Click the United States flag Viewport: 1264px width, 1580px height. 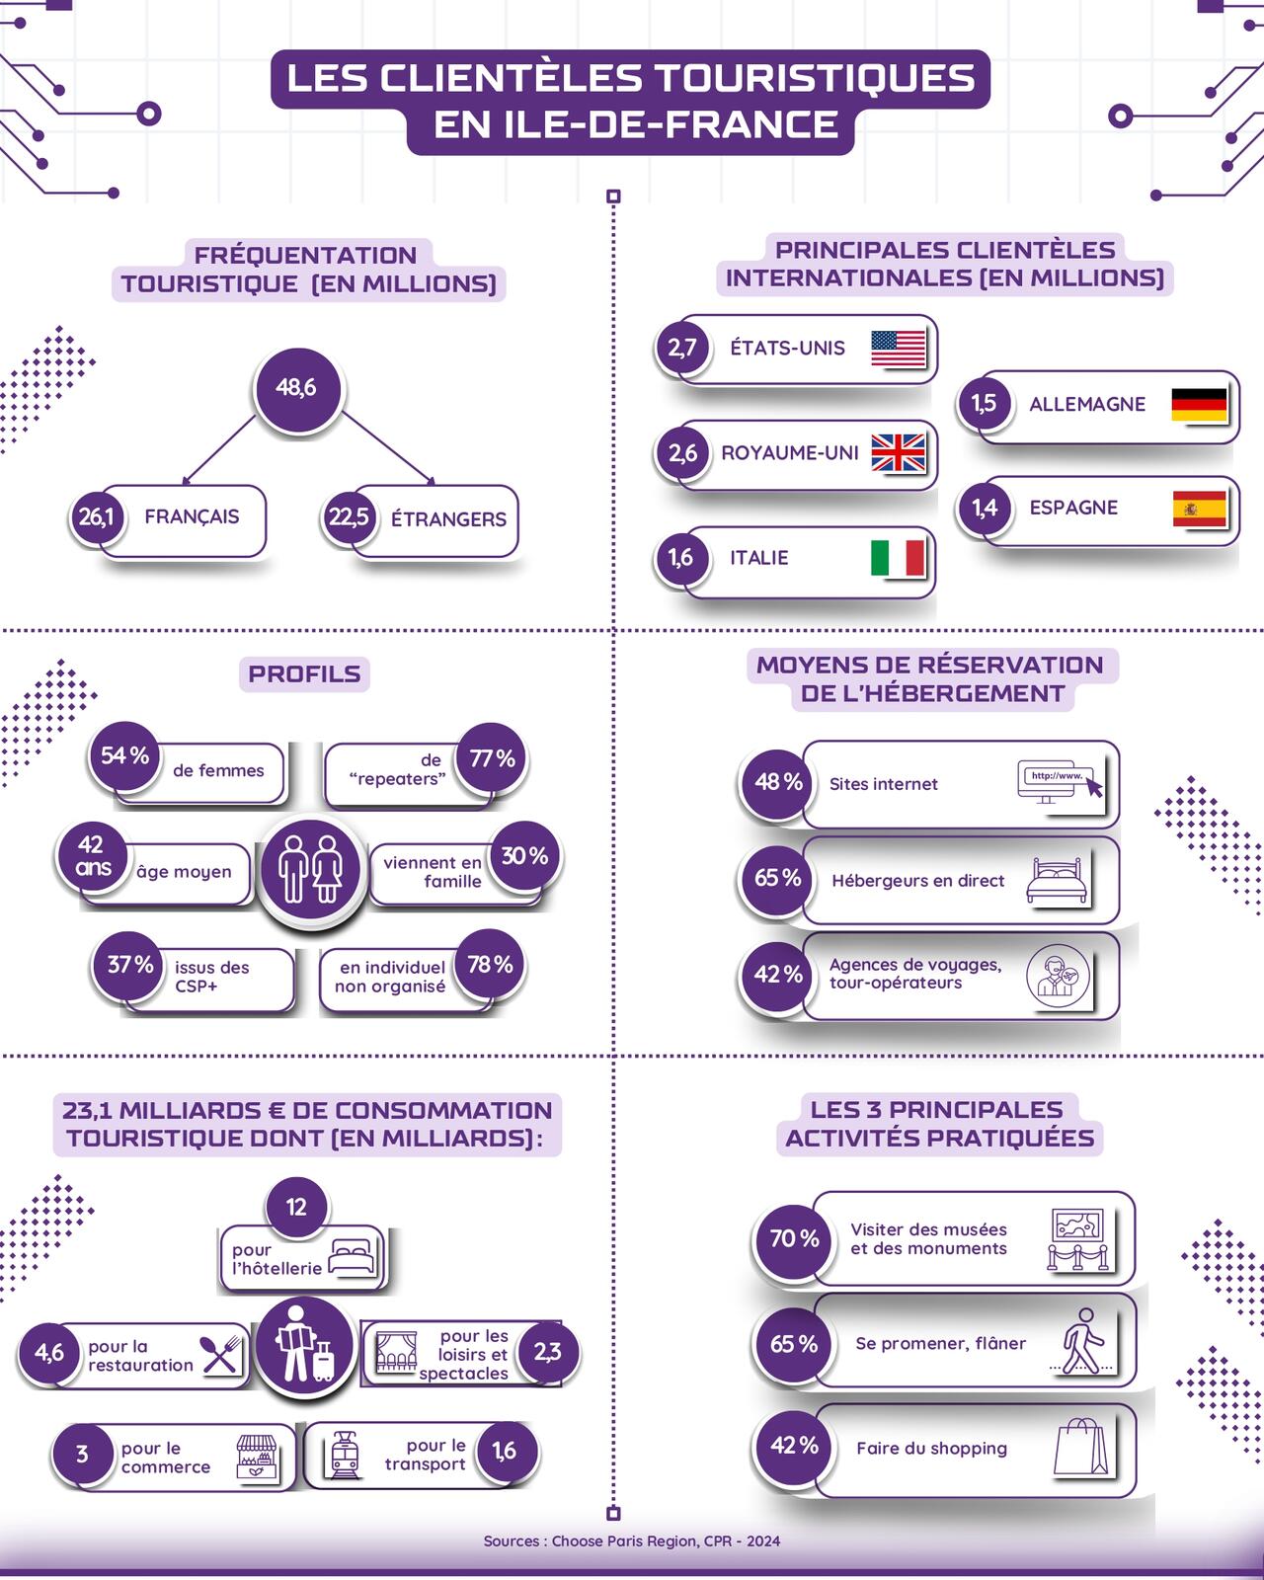[x=899, y=349]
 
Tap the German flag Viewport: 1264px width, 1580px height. [x=1199, y=404]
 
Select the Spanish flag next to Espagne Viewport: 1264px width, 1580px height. [x=1199, y=509]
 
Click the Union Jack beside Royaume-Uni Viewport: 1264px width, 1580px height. [x=898, y=453]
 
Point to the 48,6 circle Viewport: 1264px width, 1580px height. [x=296, y=388]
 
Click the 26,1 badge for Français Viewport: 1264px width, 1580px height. [x=97, y=516]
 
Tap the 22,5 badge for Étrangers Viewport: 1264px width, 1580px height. [x=349, y=517]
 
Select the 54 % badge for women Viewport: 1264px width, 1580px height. [x=124, y=756]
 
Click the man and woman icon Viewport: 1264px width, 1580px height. [x=310, y=870]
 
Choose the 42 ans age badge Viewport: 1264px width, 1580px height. [x=91, y=856]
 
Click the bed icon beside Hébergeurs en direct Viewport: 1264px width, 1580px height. [x=1057, y=879]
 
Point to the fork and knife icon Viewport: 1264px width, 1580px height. [x=221, y=1355]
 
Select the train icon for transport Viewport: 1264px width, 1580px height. [x=344, y=1455]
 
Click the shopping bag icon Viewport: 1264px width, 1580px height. [x=1079, y=1448]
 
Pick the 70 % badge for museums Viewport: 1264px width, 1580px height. [x=794, y=1238]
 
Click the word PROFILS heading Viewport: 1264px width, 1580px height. [x=304, y=674]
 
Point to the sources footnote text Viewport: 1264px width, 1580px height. [x=632, y=1540]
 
